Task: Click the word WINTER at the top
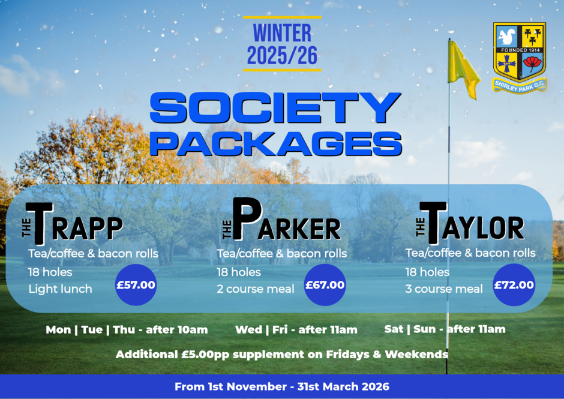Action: [282, 33]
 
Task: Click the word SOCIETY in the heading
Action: [275, 107]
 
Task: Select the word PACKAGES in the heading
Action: [276, 143]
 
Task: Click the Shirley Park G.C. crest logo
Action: [520, 58]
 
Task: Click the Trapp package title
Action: [73, 223]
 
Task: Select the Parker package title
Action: [281, 219]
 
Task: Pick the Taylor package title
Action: [470, 223]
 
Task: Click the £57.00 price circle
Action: [136, 285]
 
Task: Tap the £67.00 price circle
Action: [325, 285]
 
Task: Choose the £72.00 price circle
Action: [514, 285]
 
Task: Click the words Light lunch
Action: [60, 289]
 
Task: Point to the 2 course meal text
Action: [256, 289]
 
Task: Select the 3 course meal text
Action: [444, 289]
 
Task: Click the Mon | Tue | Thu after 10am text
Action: [127, 329]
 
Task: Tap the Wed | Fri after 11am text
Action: [296, 329]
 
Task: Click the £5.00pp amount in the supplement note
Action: [205, 355]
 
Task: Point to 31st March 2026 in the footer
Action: [343, 386]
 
